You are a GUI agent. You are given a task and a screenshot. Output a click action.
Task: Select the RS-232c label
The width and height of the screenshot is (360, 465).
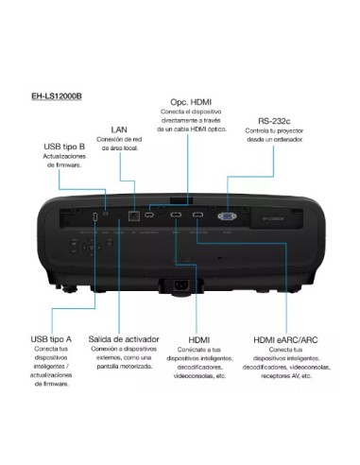click(275, 121)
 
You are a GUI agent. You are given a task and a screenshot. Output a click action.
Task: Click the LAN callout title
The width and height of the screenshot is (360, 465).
click(119, 129)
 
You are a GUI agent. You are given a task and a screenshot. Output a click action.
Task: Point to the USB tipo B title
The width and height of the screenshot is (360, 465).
click(64, 147)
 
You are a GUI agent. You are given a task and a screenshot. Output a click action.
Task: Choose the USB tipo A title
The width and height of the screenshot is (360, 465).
click(51, 338)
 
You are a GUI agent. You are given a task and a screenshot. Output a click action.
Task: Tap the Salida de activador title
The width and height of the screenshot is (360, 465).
click(124, 338)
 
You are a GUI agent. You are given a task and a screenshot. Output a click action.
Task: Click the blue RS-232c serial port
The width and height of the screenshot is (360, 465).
click(228, 216)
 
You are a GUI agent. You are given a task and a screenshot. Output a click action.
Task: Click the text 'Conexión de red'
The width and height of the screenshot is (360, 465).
click(119, 140)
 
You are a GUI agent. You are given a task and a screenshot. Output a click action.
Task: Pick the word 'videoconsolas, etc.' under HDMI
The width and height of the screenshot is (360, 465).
click(197, 376)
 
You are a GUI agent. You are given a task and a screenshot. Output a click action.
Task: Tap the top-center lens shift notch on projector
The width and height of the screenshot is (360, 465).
click(180, 199)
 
